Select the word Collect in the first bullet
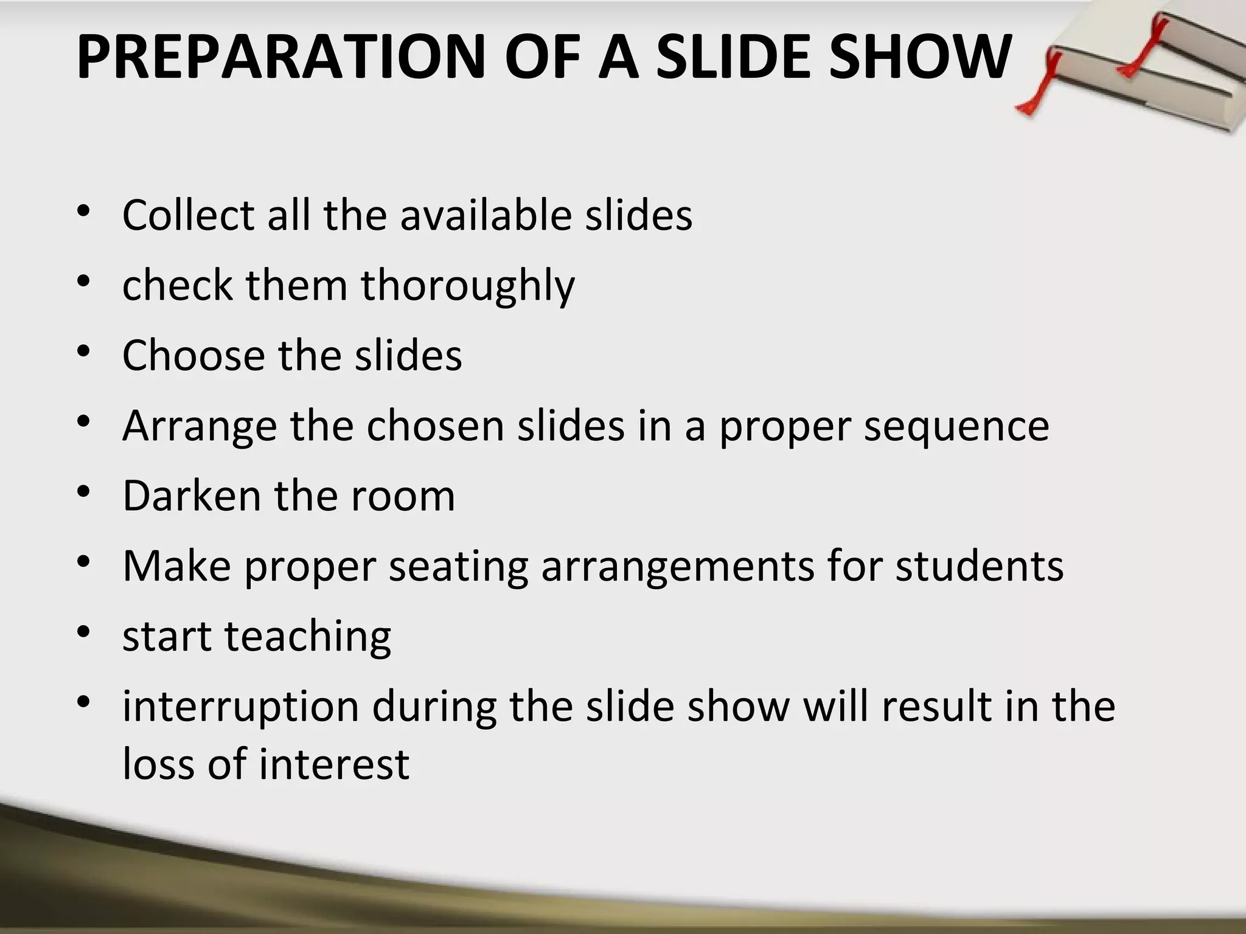pyautogui.click(x=188, y=215)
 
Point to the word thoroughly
pyautogui.click(x=468, y=286)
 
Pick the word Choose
pyautogui.click(x=193, y=356)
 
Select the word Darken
pyautogui.click(x=191, y=496)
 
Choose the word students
pyautogui.click(x=980, y=566)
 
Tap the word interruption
pyautogui.click(x=241, y=707)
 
